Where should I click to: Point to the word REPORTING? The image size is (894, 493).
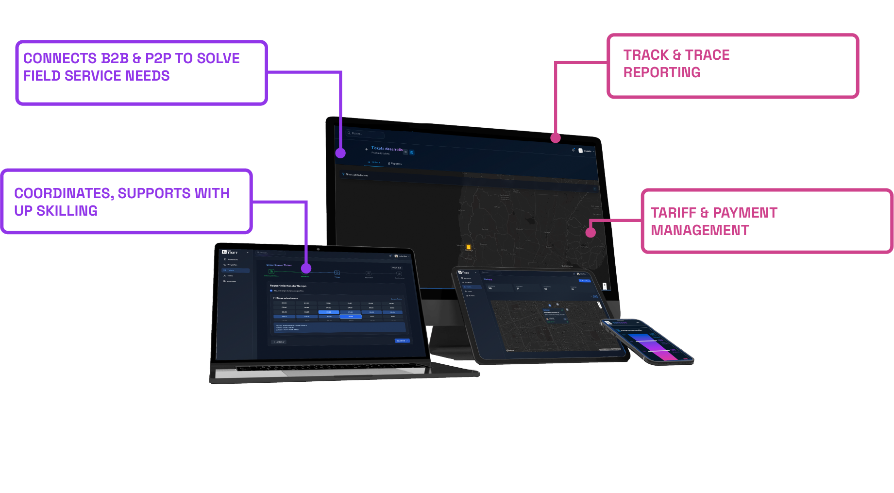[x=661, y=72]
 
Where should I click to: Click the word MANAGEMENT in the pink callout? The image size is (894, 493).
[x=700, y=230]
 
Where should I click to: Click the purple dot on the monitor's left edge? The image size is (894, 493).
[x=340, y=153]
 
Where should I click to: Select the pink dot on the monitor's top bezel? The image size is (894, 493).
[x=556, y=138]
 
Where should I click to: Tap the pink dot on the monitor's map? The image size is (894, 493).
[x=590, y=232]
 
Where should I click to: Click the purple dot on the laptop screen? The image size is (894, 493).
[x=306, y=268]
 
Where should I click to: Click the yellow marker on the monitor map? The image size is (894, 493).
[x=468, y=247]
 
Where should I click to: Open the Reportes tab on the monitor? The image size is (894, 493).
[x=395, y=164]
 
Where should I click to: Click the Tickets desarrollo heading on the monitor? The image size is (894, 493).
[x=387, y=149]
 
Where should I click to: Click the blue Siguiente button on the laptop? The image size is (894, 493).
[x=402, y=340]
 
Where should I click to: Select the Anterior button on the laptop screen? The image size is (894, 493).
[x=279, y=342]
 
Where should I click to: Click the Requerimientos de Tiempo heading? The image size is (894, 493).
[x=288, y=286]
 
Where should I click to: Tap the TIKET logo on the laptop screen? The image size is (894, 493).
[x=230, y=252]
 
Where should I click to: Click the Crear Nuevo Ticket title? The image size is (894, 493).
[x=279, y=265]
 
